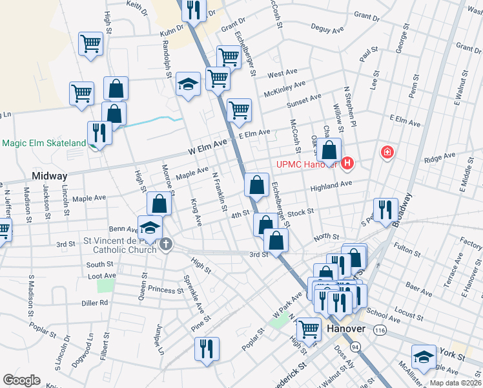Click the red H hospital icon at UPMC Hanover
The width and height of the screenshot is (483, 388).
[x=348, y=163]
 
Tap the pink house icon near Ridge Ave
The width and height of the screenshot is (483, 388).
[x=387, y=153]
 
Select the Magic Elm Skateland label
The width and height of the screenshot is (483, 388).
[x=43, y=143]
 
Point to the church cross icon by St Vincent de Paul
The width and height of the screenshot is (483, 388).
[x=166, y=244]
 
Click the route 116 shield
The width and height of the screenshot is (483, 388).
[x=380, y=330]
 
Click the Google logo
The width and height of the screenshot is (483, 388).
[x=21, y=380]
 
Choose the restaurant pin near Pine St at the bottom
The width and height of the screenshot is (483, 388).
[x=207, y=349]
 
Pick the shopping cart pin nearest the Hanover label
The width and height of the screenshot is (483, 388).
[x=309, y=329]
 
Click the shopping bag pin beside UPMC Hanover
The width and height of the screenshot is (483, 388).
[x=329, y=151]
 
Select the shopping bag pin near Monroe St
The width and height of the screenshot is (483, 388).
[x=159, y=204]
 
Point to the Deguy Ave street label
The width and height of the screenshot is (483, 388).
[x=327, y=29]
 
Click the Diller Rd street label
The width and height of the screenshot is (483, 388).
[x=95, y=302]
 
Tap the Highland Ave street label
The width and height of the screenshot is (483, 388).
[x=331, y=184]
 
